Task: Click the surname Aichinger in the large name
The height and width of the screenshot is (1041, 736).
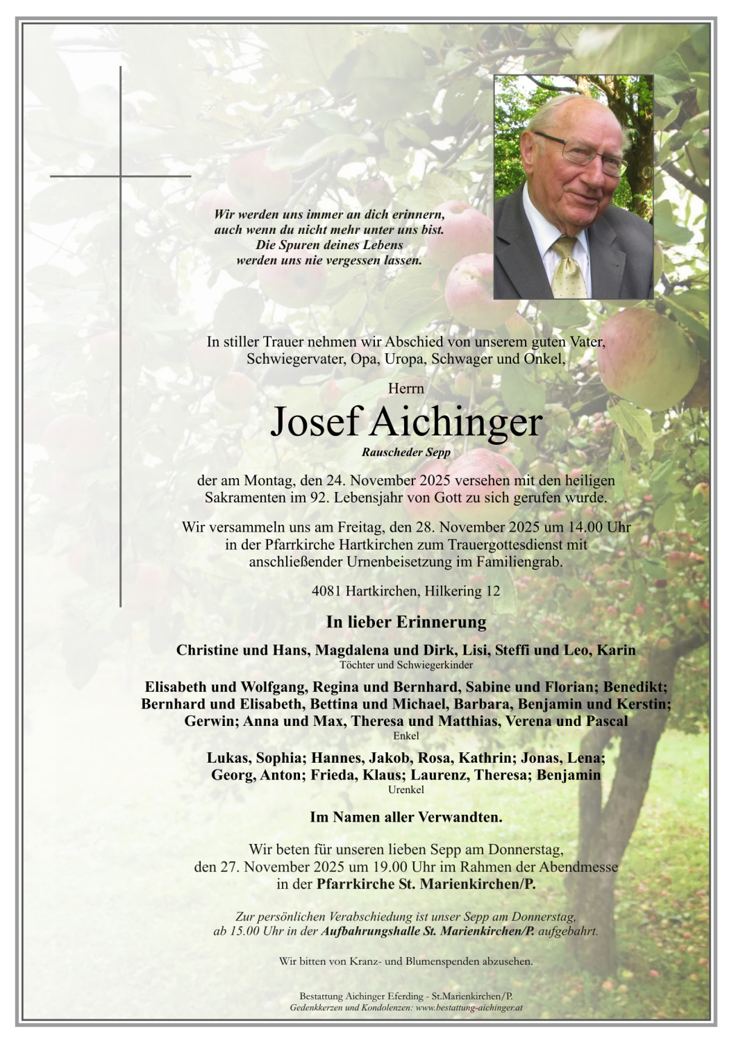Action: point(456,421)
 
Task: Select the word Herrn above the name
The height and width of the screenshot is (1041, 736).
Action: point(406,389)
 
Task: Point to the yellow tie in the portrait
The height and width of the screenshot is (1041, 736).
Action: point(569,267)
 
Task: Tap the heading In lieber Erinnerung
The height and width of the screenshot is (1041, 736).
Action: point(406,622)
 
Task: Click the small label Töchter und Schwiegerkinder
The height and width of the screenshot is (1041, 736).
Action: point(406,665)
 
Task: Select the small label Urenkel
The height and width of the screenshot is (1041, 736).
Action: point(406,790)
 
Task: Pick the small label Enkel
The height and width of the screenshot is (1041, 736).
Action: point(406,736)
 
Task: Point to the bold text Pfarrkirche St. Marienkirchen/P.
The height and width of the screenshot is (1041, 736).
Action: point(426,885)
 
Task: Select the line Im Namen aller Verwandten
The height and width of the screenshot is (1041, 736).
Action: point(406,818)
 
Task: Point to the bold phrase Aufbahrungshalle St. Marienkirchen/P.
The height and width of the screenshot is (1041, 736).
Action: point(428,931)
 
